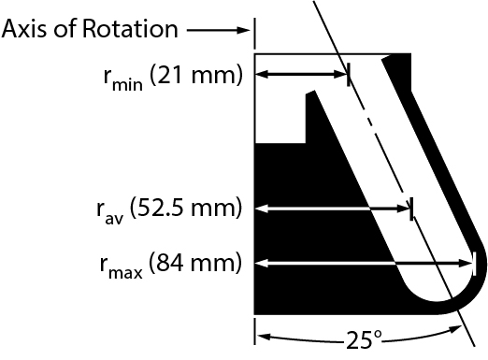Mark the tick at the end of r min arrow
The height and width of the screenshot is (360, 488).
click(348, 75)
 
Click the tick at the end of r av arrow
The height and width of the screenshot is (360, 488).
click(411, 208)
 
